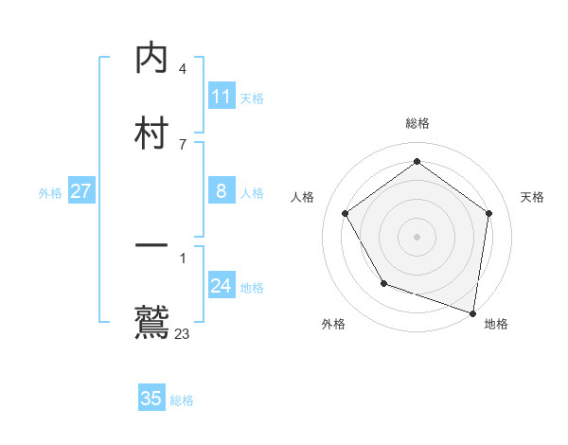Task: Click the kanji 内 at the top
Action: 151,59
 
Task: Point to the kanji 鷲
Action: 151,322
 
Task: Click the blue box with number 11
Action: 222,97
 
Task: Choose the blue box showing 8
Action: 222,191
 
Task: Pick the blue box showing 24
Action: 222,286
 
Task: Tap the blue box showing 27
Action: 80,191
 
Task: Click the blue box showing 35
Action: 151,399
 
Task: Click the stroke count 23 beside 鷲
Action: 183,334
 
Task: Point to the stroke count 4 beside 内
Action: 183,69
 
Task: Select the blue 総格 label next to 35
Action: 182,400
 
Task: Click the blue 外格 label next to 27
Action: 50,193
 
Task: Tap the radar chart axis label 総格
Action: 417,123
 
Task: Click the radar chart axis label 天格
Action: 532,197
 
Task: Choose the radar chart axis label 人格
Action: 302,197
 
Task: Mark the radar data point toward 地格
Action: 472,312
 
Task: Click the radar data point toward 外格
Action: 383,283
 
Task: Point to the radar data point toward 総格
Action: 417,162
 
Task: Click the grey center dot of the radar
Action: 417,237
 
